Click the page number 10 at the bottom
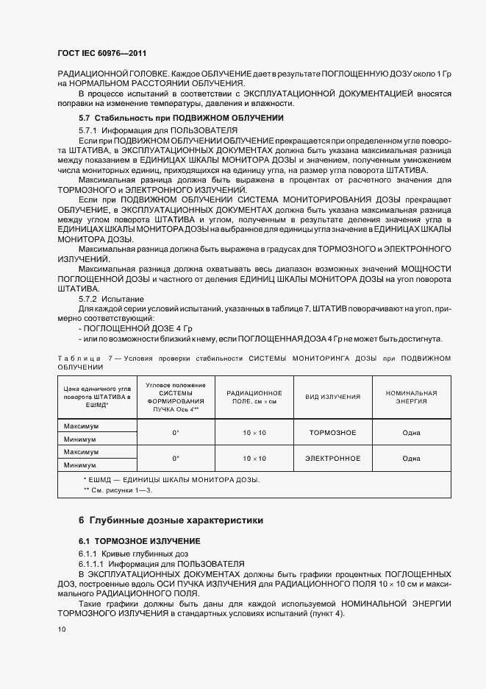tap(62, 629)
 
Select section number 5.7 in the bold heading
tap(85, 119)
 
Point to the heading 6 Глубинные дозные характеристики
tap(170, 520)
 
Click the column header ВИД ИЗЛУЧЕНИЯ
tap(332, 397)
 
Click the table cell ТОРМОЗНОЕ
tap(332, 432)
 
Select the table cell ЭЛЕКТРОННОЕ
tap(332, 459)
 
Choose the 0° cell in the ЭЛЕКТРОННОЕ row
tap(175, 459)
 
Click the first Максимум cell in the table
tap(81, 426)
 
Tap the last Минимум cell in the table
tap(81, 465)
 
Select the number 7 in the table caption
tap(110, 358)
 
